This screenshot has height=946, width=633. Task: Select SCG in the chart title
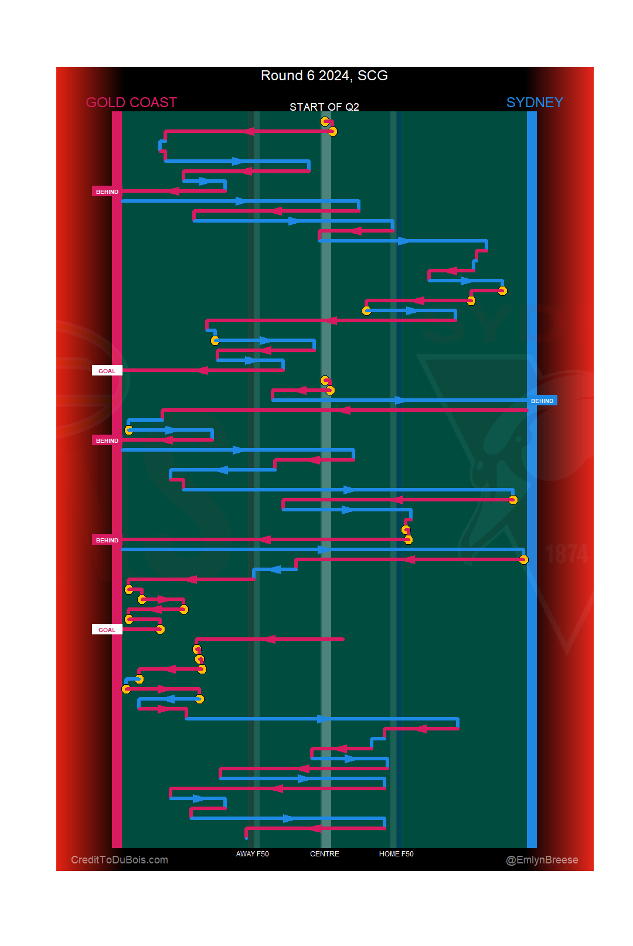pyautogui.click(x=373, y=76)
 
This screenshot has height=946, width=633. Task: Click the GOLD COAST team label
pyautogui.click(x=131, y=103)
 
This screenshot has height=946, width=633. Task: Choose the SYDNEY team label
pyautogui.click(x=535, y=103)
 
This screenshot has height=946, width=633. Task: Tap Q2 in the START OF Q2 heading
pyautogui.click(x=352, y=107)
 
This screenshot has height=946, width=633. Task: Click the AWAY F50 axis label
pyautogui.click(x=252, y=854)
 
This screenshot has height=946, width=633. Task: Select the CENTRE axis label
pyautogui.click(x=325, y=854)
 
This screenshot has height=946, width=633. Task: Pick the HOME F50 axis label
pyautogui.click(x=396, y=854)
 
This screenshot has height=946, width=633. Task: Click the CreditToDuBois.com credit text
pyautogui.click(x=120, y=860)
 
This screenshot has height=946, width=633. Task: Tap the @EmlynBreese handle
pyautogui.click(x=542, y=860)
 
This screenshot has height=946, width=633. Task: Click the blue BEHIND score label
pyautogui.click(x=542, y=401)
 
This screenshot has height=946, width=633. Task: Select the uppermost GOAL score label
pyautogui.click(x=107, y=371)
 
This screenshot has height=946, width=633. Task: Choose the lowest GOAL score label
pyautogui.click(x=107, y=630)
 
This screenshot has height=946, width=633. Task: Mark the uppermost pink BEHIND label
pyautogui.click(x=107, y=192)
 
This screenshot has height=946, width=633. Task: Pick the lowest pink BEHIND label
pyautogui.click(x=107, y=540)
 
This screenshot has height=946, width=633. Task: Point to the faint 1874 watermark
pyautogui.click(x=567, y=554)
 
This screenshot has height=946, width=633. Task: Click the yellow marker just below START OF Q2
pyautogui.click(x=325, y=121)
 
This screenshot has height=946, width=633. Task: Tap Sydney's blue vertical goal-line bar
pyautogui.click(x=532, y=469)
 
